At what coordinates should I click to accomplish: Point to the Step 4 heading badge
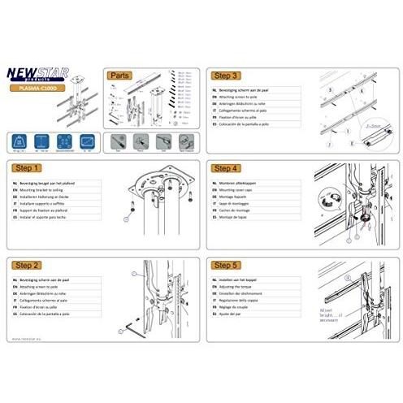(224, 169)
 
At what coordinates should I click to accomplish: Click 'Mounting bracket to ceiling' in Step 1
(51, 188)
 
